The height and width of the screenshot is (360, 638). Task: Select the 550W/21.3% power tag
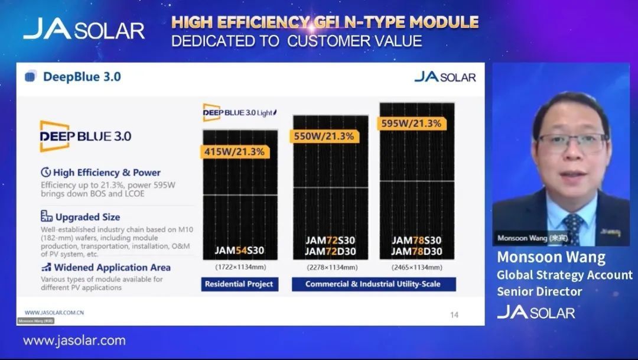point(324,136)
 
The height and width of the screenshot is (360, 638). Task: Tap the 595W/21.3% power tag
point(411,124)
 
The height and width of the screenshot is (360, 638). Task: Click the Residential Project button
point(239,284)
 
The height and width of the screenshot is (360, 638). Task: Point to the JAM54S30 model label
point(239,251)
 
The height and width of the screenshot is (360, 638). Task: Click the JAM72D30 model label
point(330,251)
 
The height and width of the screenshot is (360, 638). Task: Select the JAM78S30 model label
point(416,241)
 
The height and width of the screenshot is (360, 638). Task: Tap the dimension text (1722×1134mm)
point(239,268)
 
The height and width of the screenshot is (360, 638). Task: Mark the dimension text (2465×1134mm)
point(416,268)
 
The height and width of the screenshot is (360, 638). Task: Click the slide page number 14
point(454,315)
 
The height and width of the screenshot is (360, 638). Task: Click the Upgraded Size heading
point(87,217)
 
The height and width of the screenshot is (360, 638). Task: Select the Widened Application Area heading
point(112,267)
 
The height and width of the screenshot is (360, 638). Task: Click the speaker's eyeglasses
point(572,141)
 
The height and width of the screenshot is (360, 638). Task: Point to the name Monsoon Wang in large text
point(551,258)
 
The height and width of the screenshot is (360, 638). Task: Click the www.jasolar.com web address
point(74,340)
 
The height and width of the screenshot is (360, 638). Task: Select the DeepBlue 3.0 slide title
point(82,77)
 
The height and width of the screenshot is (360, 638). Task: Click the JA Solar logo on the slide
point(445,77)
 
